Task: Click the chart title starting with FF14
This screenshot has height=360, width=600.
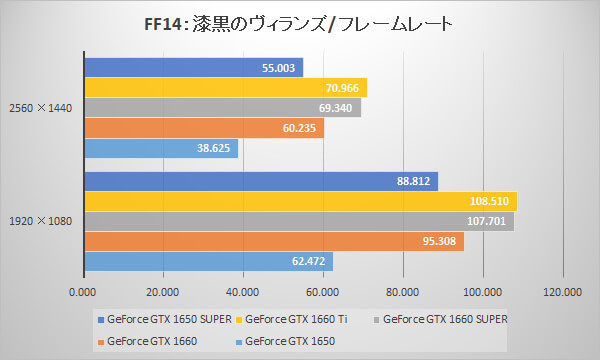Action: (x=300, y=21)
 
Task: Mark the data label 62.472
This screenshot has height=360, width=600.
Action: (x=309, y=261)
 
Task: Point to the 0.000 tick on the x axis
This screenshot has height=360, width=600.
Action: (x=83, y=292)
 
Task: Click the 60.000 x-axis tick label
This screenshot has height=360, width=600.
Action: (x=322, y=292)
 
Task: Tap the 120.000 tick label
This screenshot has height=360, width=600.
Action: (x=561, y=292)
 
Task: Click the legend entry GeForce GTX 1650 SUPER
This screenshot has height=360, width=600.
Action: (x=164, y=320)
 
